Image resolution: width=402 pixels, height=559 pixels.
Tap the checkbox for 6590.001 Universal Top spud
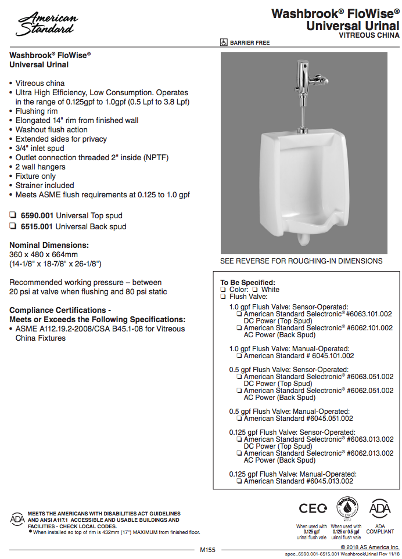(x=13, y=215)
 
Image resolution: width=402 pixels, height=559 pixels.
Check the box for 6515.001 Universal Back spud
(x=13, y=226)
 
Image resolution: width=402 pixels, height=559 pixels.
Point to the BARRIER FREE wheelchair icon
(x=224, y=42)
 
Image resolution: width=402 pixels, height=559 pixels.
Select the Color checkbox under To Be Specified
(x=223, y=290)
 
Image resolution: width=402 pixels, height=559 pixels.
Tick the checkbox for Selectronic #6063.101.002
(x=239, y=314)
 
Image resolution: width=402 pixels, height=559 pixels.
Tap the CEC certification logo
(x=313, y=508)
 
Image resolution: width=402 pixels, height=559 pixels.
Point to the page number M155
(x=207, y=550)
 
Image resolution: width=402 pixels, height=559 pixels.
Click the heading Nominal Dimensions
(x=49, y=245)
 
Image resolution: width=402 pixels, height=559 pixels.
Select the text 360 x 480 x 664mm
(x=43, y=254)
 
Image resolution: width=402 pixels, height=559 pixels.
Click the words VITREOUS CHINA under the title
(x=369, y=35)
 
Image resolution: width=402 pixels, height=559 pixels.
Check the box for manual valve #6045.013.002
(x=239, y=481)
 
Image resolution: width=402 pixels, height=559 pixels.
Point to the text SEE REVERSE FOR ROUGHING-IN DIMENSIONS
(x=301, y=261)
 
